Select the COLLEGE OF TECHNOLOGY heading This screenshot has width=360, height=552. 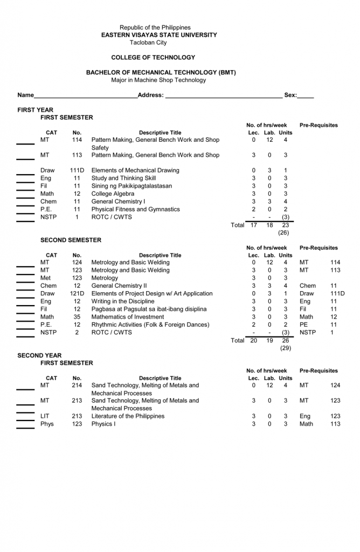click(x=153, y=58)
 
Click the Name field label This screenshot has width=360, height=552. click(x=25, y=95)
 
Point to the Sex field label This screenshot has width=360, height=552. click(x=290, y=95)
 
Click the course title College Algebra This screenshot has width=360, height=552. click(x=113, y=194)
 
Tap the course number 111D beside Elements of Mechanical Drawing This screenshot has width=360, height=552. click(x=77, y=170)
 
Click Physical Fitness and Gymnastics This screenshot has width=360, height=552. click(x=135, y=209)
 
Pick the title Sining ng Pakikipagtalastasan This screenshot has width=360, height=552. click(x=131, y=186)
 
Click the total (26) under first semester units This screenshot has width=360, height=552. click(x=285, y=233)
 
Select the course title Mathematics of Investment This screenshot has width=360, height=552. click(x=128, y=317)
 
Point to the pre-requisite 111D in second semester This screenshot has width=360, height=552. click(x=337, y=294)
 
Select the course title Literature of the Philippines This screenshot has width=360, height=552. click(x=128, y=416)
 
